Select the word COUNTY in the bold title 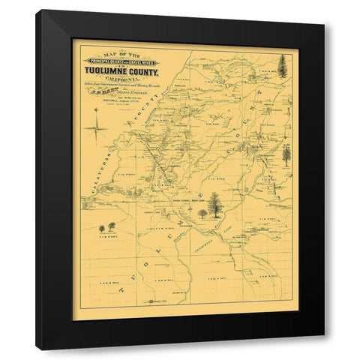pyautogui.click(x=142, y=73)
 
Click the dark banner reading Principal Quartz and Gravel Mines pyautogui.click(x=122, y=61)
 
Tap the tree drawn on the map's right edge pyautogui.click(x=286, y=155)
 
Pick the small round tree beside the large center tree pyautogui.click(x=203, y=213)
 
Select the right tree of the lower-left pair pyautogui.click(x=112, y=226)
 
